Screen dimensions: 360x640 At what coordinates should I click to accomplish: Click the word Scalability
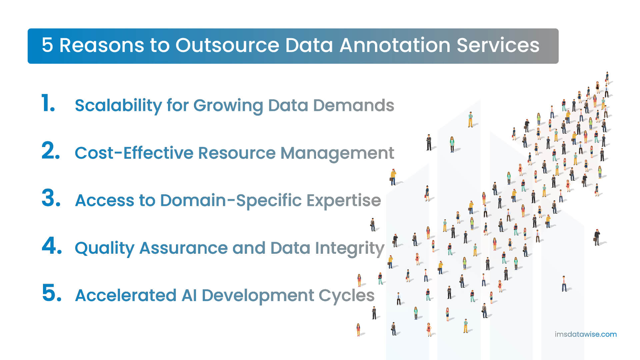click(118, 106)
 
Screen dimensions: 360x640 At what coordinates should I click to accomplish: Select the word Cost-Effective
click(134, 153)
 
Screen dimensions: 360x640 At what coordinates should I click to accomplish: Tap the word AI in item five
click(189, 295)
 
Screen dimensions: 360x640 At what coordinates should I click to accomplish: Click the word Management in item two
click(337, 153)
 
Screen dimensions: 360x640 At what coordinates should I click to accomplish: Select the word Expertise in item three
click(344, 201)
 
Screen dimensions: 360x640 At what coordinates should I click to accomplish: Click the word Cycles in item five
click(346, 296)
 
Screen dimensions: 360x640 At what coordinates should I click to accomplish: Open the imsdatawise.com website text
click(585, 334)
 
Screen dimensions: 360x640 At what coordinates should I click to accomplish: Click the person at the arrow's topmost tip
click(607, 78)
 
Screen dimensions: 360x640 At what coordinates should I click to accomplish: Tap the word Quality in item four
click(105, 248)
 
